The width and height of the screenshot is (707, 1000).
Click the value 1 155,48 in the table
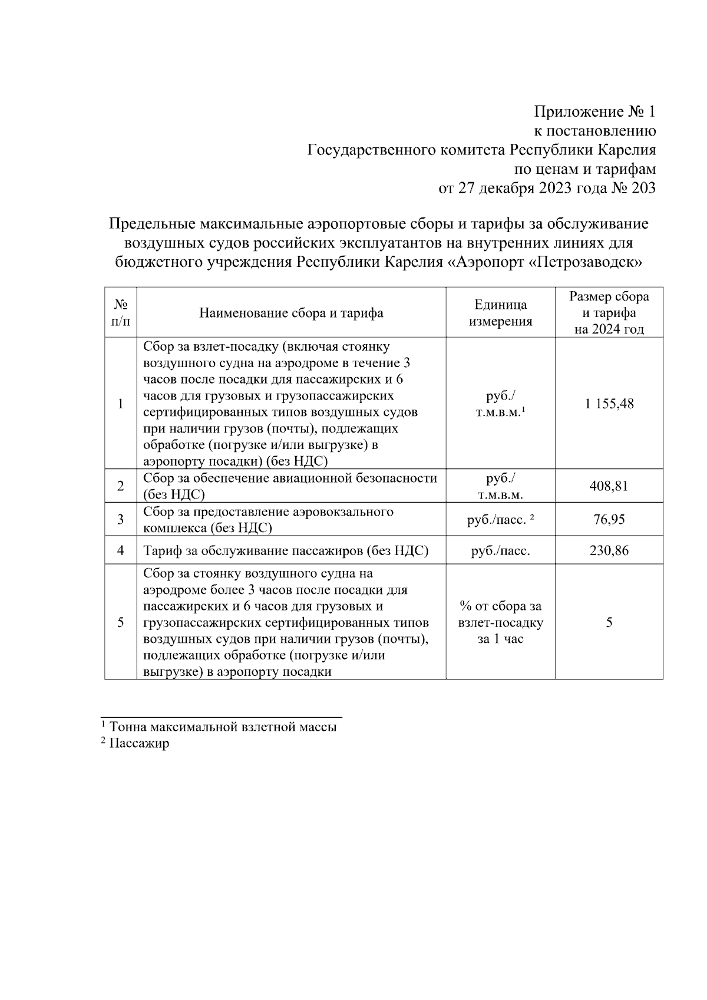(x=609, y=404)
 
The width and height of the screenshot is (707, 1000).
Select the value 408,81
(x=609, y=486)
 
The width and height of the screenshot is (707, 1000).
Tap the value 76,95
(x=609, y=519)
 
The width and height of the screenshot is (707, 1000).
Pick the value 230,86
(x=609, y=551)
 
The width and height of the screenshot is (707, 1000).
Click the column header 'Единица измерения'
(x=500, y=313)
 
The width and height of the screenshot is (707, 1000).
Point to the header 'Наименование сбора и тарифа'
(x=291, y=313)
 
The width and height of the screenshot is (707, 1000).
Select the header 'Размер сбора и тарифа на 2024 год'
(x=609, y=312)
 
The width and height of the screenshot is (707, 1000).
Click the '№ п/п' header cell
(x=120, y=313)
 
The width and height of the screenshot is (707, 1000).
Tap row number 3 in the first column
(x=120, y=519)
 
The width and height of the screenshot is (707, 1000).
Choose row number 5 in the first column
(x=120, y=622)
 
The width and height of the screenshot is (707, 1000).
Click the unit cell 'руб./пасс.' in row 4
(x=500, y=551)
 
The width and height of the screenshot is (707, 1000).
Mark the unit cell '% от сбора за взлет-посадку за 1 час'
(x=500, y=622)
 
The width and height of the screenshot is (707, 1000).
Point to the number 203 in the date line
(x=640, y=189)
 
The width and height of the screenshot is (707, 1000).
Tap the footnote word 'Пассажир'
(x=139, y=743)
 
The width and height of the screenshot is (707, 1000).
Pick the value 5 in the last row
(x=609, y=622)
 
